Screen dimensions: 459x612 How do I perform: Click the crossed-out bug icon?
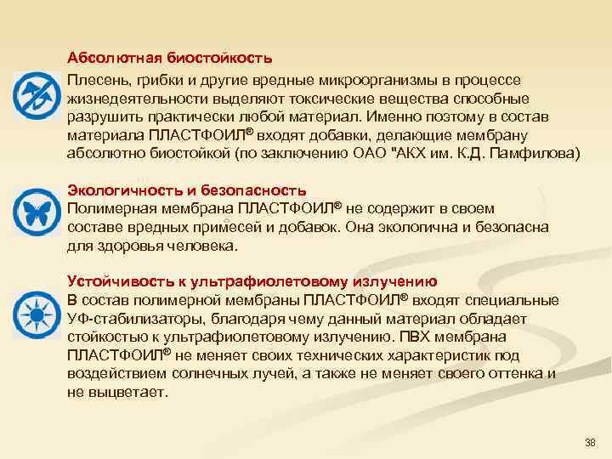[37, 95]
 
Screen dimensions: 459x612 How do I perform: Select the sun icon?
[37, 311]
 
